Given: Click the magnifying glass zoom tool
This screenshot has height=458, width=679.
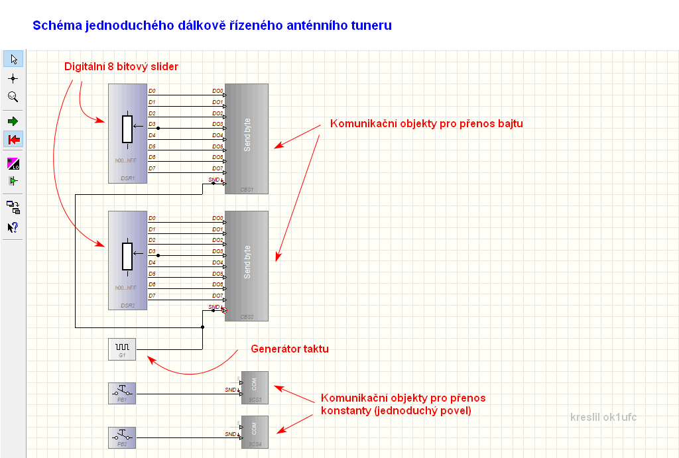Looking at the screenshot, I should [x=13, y=97].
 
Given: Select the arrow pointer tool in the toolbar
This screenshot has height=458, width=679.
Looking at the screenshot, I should [x=13, y=59].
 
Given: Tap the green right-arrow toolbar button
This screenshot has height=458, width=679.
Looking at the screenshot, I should [x=13, y=121].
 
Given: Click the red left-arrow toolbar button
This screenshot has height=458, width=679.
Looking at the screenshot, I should [x=13, y=139].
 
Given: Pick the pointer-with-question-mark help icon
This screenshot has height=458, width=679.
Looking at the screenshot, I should [x=13, y=227].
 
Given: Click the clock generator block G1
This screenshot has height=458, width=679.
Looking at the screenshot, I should [x=122, y=349].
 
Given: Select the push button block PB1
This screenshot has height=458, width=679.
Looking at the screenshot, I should [x=122, y=393].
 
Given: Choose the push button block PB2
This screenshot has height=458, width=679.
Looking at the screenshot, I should [x=122, y=437].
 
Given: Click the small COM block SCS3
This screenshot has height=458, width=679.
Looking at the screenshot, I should [x=255, y=387].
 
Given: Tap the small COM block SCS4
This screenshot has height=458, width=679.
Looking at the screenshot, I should [x=255, y=431].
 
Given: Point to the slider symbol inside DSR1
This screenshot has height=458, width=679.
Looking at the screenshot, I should [x=127, y=129].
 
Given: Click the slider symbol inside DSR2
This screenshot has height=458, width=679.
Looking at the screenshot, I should [x=127, y=256].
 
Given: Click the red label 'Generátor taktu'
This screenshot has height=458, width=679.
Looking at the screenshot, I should [x=289, y=349].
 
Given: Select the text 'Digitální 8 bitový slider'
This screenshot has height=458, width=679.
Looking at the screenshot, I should [x=121, y=67].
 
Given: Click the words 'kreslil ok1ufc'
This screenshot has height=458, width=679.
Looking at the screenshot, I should [x=603, y=417].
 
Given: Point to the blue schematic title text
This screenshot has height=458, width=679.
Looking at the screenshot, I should [x=212, y=26].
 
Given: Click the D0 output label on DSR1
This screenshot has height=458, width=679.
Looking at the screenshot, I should [x=153, y=91].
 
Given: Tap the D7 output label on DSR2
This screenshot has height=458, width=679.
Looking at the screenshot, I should [x=153, y=296].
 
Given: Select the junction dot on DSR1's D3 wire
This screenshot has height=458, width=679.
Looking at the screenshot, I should [x=158, y=127].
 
